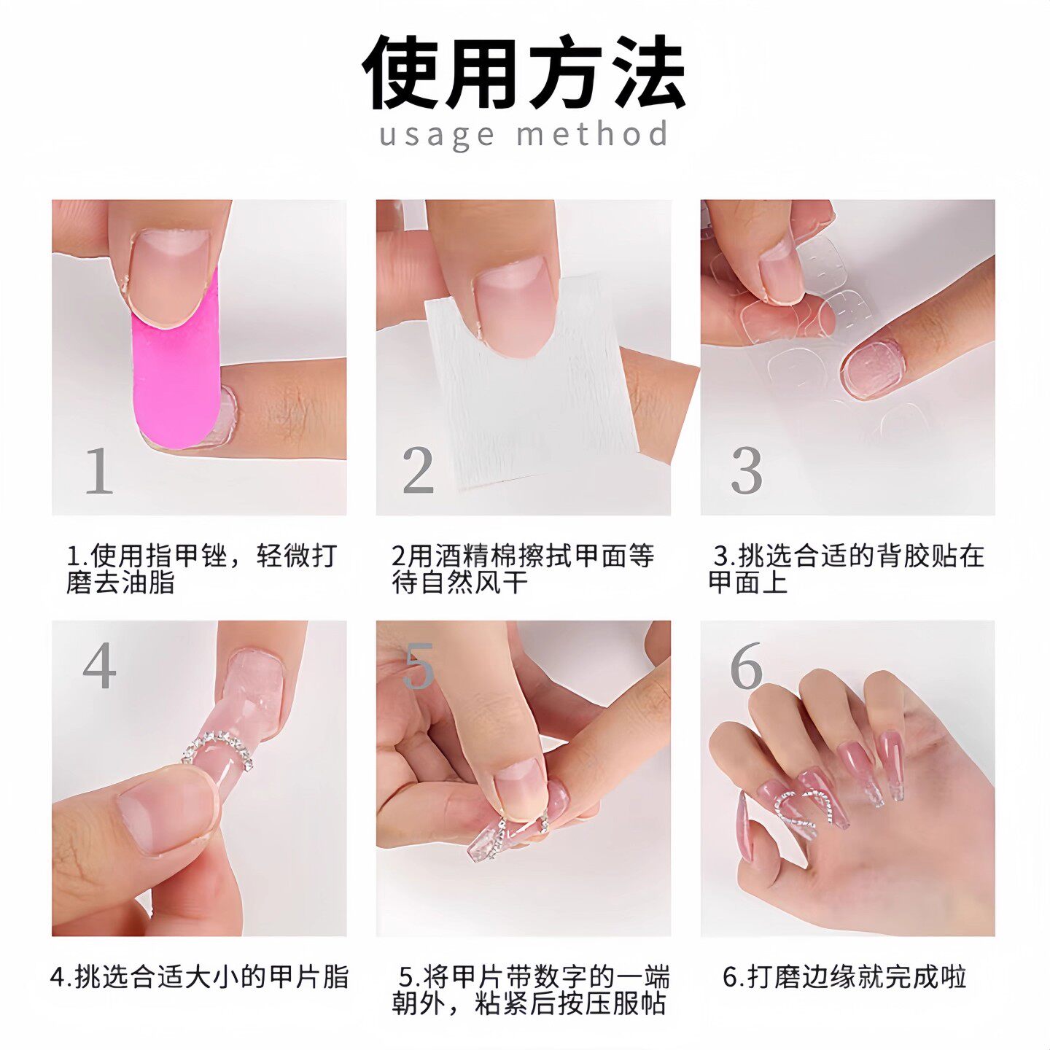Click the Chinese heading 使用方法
pyautogui.click(x=524, y=73)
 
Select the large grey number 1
pyautogui.click(x=99, y=471)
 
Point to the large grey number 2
pyautogui.click(x=419, y=471)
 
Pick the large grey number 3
pyautogui.click(x=747, y=471)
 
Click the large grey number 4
pyautogui.click(x=99, y=666)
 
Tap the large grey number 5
pyautogui.click(x=419, y=666)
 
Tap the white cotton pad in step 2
pyautogui.click(x=525, y=408)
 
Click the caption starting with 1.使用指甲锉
pyautogui.click(x=201, y=569)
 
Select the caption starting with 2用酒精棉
pyautogui.click(x=522, y=569)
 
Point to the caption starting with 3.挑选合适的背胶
pyautogui.click(x=846, y=569)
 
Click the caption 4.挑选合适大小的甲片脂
pyautogui.click(x=200, y=977)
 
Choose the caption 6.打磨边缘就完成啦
pyautogui.click(x=844, y=977)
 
